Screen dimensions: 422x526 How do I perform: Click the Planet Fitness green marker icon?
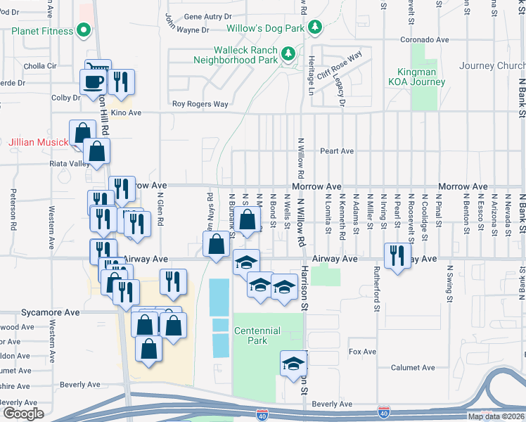(x=84, y=31)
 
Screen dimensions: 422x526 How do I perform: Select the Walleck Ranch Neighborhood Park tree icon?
(x=288, y=54)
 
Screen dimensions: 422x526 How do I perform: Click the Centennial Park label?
(x=257, y=335)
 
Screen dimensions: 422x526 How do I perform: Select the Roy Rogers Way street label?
(x=200, y=105)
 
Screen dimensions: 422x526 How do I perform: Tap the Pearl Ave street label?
(x=336, y=151)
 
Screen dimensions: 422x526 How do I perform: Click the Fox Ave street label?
(x=363, y=352)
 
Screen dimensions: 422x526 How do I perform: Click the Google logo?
(x=24, y=412)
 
